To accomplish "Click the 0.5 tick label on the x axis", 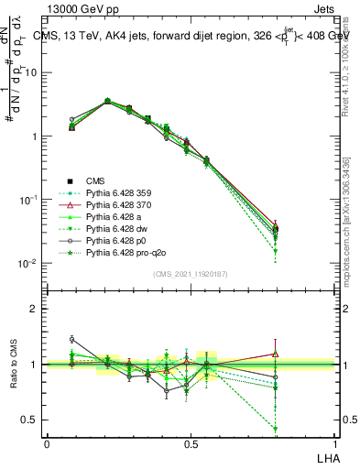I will coord(191,443).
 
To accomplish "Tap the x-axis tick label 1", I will coord(334,443).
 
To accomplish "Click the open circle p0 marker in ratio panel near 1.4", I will coord(72,340).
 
